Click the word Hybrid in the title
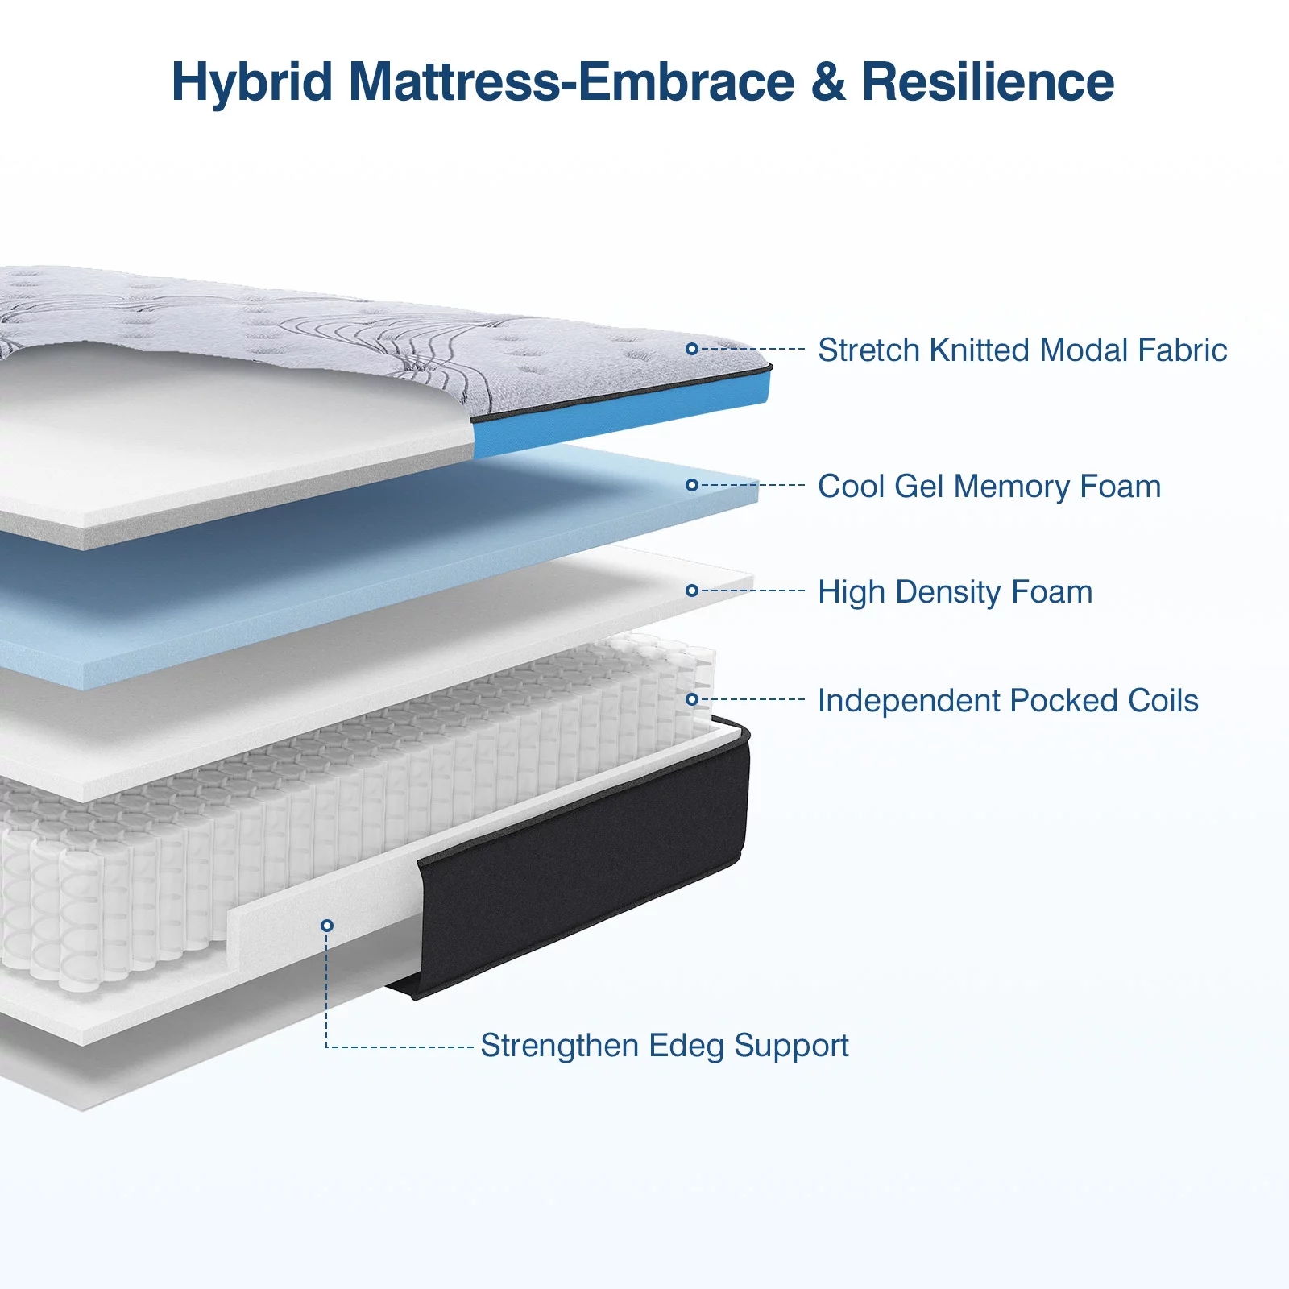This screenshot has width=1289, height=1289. [252, 83]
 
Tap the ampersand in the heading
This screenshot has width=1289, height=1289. [828, 82]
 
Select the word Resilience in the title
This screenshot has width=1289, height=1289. [989, 82]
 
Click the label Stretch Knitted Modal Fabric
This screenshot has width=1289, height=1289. [1022, 350]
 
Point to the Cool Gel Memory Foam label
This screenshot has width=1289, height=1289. [989, 487]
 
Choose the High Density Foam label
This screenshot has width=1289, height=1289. [955, 592]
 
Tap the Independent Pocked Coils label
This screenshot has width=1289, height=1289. [1008, 701]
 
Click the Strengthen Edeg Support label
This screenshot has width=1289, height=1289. [665, 1046]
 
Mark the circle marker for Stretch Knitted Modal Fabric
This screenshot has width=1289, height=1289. [692, 349]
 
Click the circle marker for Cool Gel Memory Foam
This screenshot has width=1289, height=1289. [692, 485]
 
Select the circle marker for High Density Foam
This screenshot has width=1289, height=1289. [692, 591]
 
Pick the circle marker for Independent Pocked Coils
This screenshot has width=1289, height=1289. [692, 699]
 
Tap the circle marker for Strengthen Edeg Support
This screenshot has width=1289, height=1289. [327, 926]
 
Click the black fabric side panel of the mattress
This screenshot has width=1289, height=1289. [580, 862]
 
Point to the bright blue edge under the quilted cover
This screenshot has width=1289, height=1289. [620, 416]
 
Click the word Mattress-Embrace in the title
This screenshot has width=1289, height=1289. [572, 82]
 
